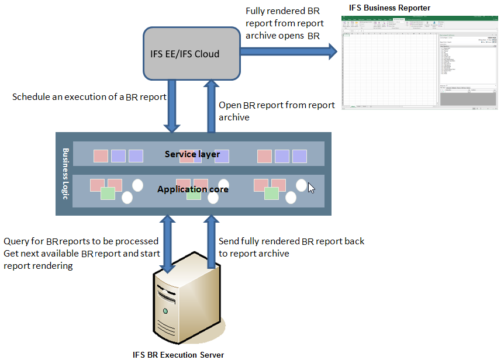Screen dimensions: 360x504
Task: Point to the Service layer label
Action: (x=192, y=154)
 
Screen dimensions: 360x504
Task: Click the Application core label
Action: (x=192, y=189)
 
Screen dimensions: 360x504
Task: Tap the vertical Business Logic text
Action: (x=65, y=174)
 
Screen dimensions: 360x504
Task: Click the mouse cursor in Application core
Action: (x=311, y=188)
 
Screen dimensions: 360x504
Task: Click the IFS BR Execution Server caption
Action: (x=178, y=354)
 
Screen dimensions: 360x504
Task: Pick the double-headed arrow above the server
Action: (x=168, y=243)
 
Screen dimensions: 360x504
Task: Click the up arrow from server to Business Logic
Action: (x=210, y=243)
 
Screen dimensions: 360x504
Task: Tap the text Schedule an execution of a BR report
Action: (x=89, y=96)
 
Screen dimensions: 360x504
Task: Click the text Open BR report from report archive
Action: (x=277, y=111)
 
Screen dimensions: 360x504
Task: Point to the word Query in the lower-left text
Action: (x=16, y=241)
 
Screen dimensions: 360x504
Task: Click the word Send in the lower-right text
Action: (x=229, y=241)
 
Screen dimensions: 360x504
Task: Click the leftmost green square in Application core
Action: (x=108, y=193)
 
